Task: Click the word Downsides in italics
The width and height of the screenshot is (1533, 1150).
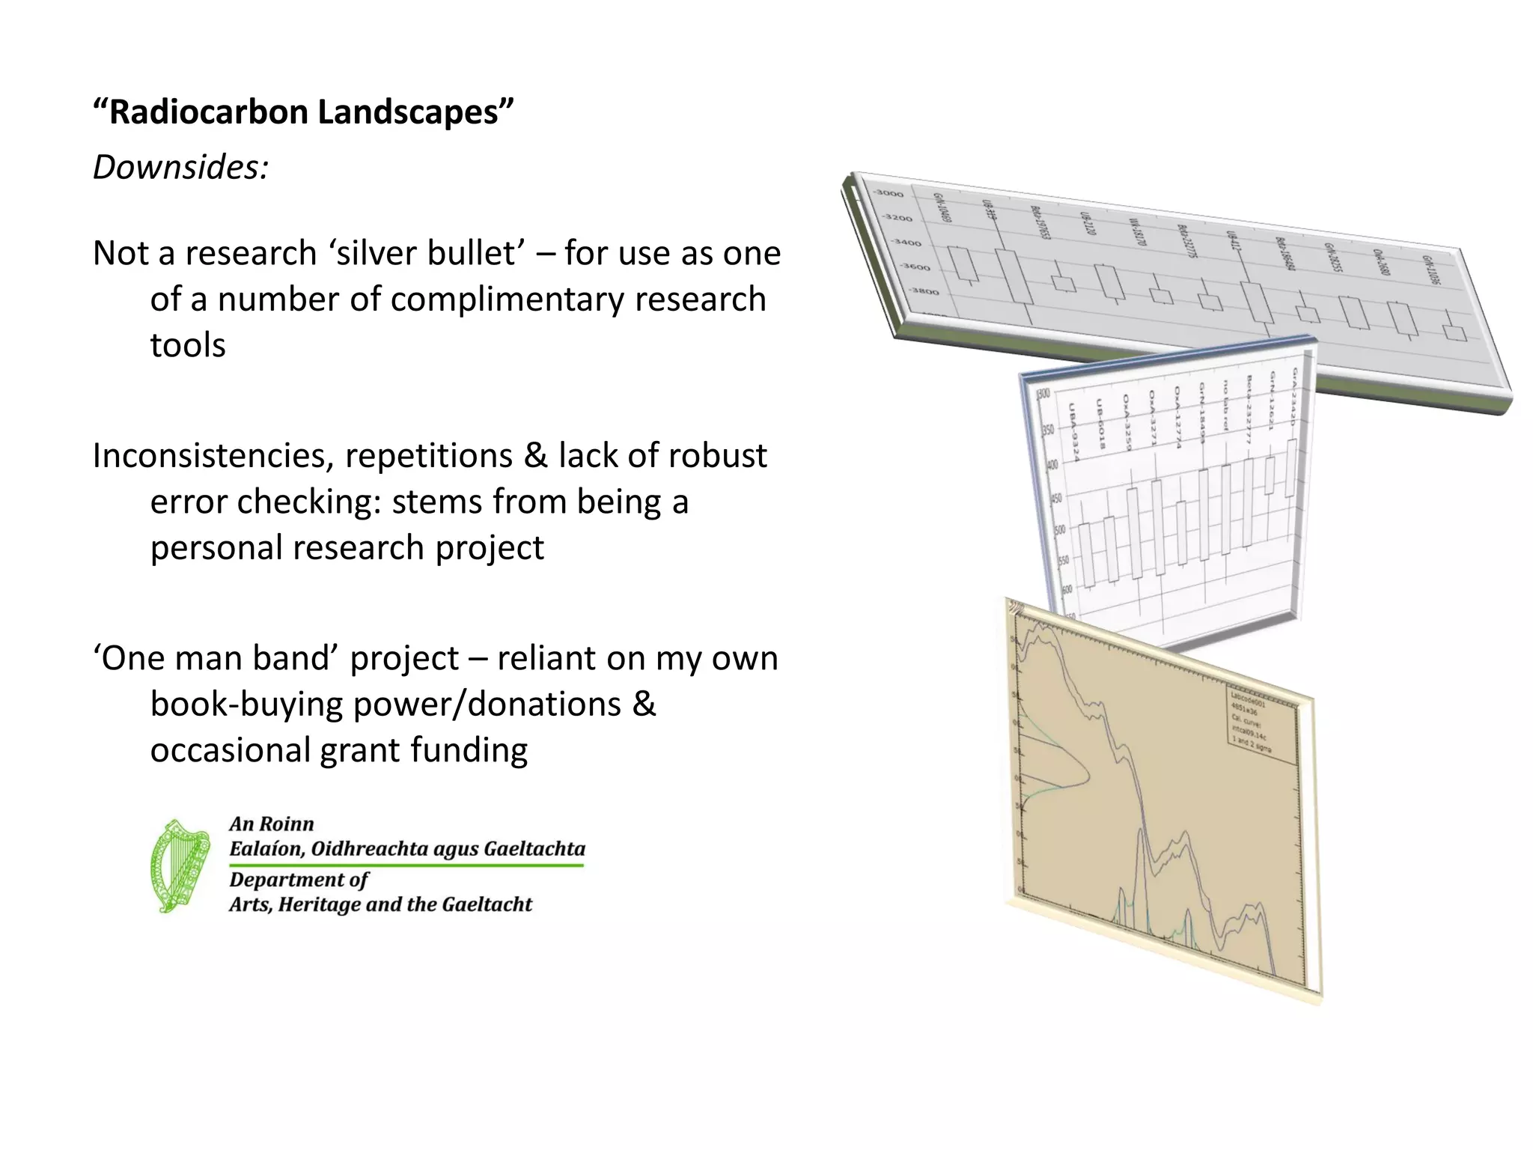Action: (x=180, y=166)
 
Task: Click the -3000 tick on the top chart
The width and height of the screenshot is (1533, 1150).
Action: (x=890, y=194)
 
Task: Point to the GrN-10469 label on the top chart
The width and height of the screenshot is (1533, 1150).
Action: (x=941, y=207)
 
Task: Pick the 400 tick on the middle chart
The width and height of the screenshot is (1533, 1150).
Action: (x=1052, y=465)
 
